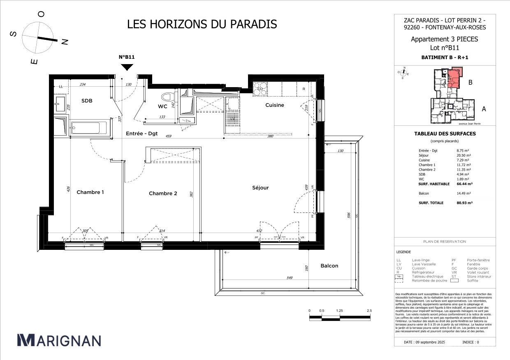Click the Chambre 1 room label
point(90,192)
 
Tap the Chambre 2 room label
point(163,193)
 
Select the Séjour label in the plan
point(260,188)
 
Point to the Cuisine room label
point(274,105)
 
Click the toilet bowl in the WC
point(167,98)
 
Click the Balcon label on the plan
point(329,266)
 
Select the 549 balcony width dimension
point(289,278)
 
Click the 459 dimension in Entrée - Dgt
point(168,136)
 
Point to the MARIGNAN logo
point(59,340)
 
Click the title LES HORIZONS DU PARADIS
point(202,24)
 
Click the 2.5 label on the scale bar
point(369,311)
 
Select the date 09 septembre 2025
point(424,342)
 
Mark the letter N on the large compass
point(65,42)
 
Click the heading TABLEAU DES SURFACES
point(445,134)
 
